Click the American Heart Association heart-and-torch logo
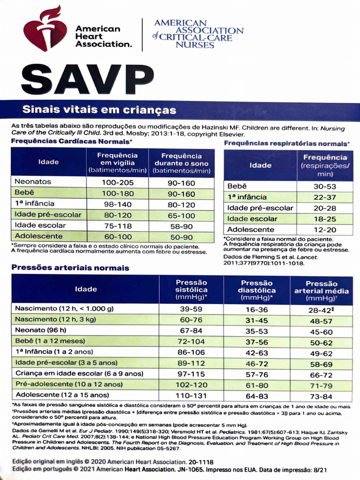45,30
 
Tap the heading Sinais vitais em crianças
99,111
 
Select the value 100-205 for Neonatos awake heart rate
118,182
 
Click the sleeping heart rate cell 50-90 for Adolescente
181,237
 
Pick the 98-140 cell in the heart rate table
118,204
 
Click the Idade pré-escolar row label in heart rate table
48,215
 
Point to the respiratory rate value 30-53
325,186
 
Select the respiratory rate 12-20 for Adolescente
325,230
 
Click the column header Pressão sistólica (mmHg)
191,289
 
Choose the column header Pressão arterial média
321,291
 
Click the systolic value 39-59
191,309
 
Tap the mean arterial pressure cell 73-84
321,396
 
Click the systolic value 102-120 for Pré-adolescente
191,384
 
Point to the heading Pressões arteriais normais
70,268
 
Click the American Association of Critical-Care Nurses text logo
198,34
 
